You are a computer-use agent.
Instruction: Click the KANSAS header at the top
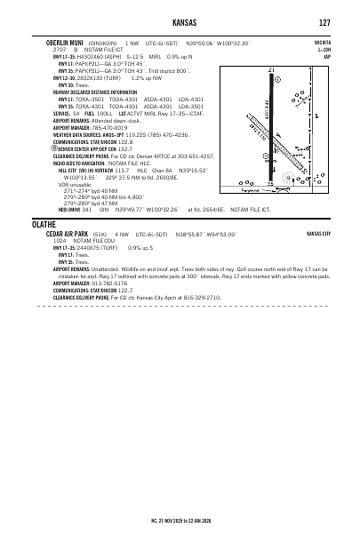[180, 22]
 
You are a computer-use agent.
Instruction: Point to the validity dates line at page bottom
[180, 518]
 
